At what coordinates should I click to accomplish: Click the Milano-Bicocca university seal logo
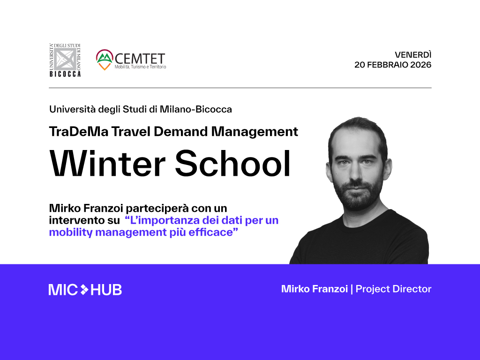click(x=65, y=60)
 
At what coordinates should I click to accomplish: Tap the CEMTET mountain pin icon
click(x=104, y=60)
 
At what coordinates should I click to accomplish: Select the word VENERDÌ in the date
click(x=413, y=54)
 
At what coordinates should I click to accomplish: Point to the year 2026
click(x=420, y=65)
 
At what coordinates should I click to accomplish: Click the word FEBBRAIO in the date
click(x=387, y=65)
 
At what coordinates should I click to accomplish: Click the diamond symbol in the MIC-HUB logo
click(x=84, y=290)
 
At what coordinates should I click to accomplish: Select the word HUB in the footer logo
click(x=106, y=290)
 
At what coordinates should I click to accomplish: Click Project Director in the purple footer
click(x=393, y=289)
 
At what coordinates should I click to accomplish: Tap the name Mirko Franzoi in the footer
click(x=315, y=289)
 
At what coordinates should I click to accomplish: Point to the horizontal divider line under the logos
click(x=240, y=88)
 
